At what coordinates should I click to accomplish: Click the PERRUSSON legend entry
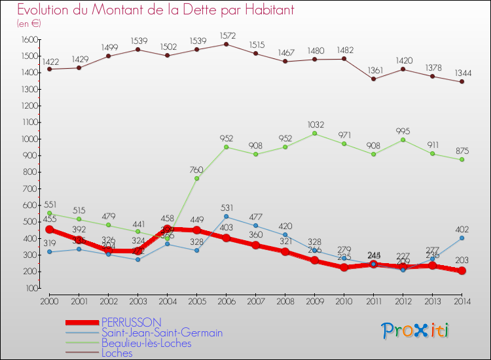[x=131, y=322]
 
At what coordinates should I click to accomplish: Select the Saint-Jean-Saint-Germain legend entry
[x=162, y=333]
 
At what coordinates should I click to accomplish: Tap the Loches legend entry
[x=117, y=353]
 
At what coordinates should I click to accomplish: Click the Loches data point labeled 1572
[x=226, y=45]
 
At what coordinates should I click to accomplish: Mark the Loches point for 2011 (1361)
[x=373, y=79]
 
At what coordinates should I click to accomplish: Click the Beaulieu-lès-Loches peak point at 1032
[x=314, y=134]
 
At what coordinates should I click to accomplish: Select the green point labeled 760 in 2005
[x=196, y=179]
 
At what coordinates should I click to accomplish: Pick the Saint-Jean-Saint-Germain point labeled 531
[x=226, y=217]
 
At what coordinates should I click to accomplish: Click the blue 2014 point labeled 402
[x=462, y=238]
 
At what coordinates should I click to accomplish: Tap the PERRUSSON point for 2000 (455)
[x=49, y=229]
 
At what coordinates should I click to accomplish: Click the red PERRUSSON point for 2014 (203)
[x=462, y=271]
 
